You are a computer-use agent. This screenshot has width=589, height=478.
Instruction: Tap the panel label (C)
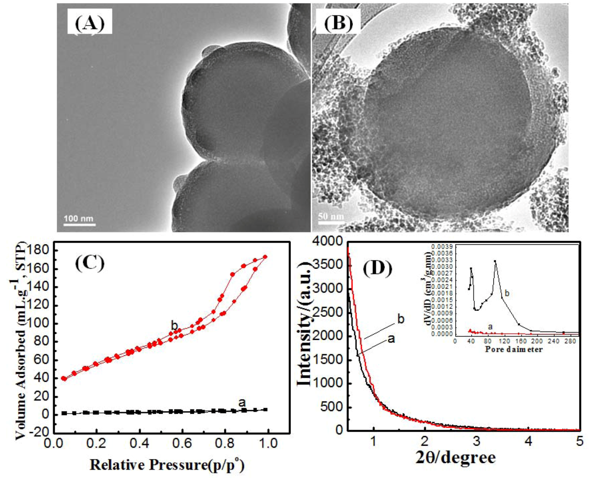click(x=89, y=263)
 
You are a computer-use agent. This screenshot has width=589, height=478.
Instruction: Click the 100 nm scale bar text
click(x=79, y=219)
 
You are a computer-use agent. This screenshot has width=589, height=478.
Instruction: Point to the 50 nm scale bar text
click(x=331, y=216)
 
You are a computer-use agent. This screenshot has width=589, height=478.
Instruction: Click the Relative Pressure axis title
click(x=167, y=465)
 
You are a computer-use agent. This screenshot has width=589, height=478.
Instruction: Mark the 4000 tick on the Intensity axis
click(x=327, y=242)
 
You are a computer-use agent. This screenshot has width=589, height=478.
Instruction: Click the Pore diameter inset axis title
click(x=513, y=349)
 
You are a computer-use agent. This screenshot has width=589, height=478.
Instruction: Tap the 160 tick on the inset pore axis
click(x=519, y=341)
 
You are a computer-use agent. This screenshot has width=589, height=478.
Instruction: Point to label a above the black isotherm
click(x=242, y=402)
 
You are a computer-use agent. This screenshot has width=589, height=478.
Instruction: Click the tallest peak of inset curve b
click(x=495, y=261)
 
